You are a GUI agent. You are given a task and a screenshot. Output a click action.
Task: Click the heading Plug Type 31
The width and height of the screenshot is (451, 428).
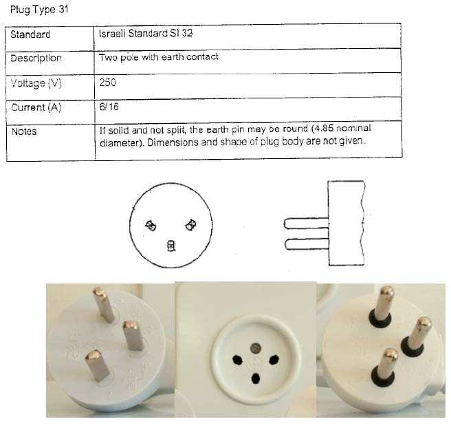click(39, 10)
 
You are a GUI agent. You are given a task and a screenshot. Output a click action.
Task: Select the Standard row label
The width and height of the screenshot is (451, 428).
click(30, 34)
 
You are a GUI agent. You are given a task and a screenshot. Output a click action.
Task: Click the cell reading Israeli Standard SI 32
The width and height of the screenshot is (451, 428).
click(146, 34)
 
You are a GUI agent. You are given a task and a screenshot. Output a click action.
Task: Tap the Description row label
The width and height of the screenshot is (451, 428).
click(36, 58)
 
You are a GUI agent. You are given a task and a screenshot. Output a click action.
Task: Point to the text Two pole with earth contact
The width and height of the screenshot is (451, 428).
click(159, 57)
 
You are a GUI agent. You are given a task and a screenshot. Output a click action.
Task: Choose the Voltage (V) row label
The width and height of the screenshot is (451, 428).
click(36, 83)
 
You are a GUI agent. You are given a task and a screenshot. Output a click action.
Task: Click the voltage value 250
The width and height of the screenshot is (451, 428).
click(107, 83)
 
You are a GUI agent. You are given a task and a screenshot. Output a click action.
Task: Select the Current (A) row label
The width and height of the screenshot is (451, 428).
click(36, 107)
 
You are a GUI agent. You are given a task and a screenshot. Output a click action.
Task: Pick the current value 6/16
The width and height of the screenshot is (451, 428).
click(109, 107)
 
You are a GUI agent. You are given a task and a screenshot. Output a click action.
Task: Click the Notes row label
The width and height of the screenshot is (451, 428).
click(24, 131)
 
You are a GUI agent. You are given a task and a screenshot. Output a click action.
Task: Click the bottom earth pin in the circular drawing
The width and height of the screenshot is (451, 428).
click(171, 246)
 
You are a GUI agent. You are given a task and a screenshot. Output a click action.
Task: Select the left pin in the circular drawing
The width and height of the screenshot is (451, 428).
click(151, 226)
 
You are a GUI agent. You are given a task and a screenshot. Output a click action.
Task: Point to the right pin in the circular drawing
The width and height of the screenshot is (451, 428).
click(190, 225)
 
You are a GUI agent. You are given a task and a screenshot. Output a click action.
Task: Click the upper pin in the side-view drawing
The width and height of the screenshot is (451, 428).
click(306, 224)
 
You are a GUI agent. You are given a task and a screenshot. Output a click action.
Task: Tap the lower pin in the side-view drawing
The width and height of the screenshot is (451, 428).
click(307, 244)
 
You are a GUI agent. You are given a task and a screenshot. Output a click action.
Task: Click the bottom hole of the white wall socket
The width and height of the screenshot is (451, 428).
click(256, 378)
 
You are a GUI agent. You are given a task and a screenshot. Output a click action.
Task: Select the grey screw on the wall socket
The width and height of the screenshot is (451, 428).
click(255, 348)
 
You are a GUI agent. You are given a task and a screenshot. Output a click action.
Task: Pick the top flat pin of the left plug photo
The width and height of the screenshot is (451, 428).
click(104, 304)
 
